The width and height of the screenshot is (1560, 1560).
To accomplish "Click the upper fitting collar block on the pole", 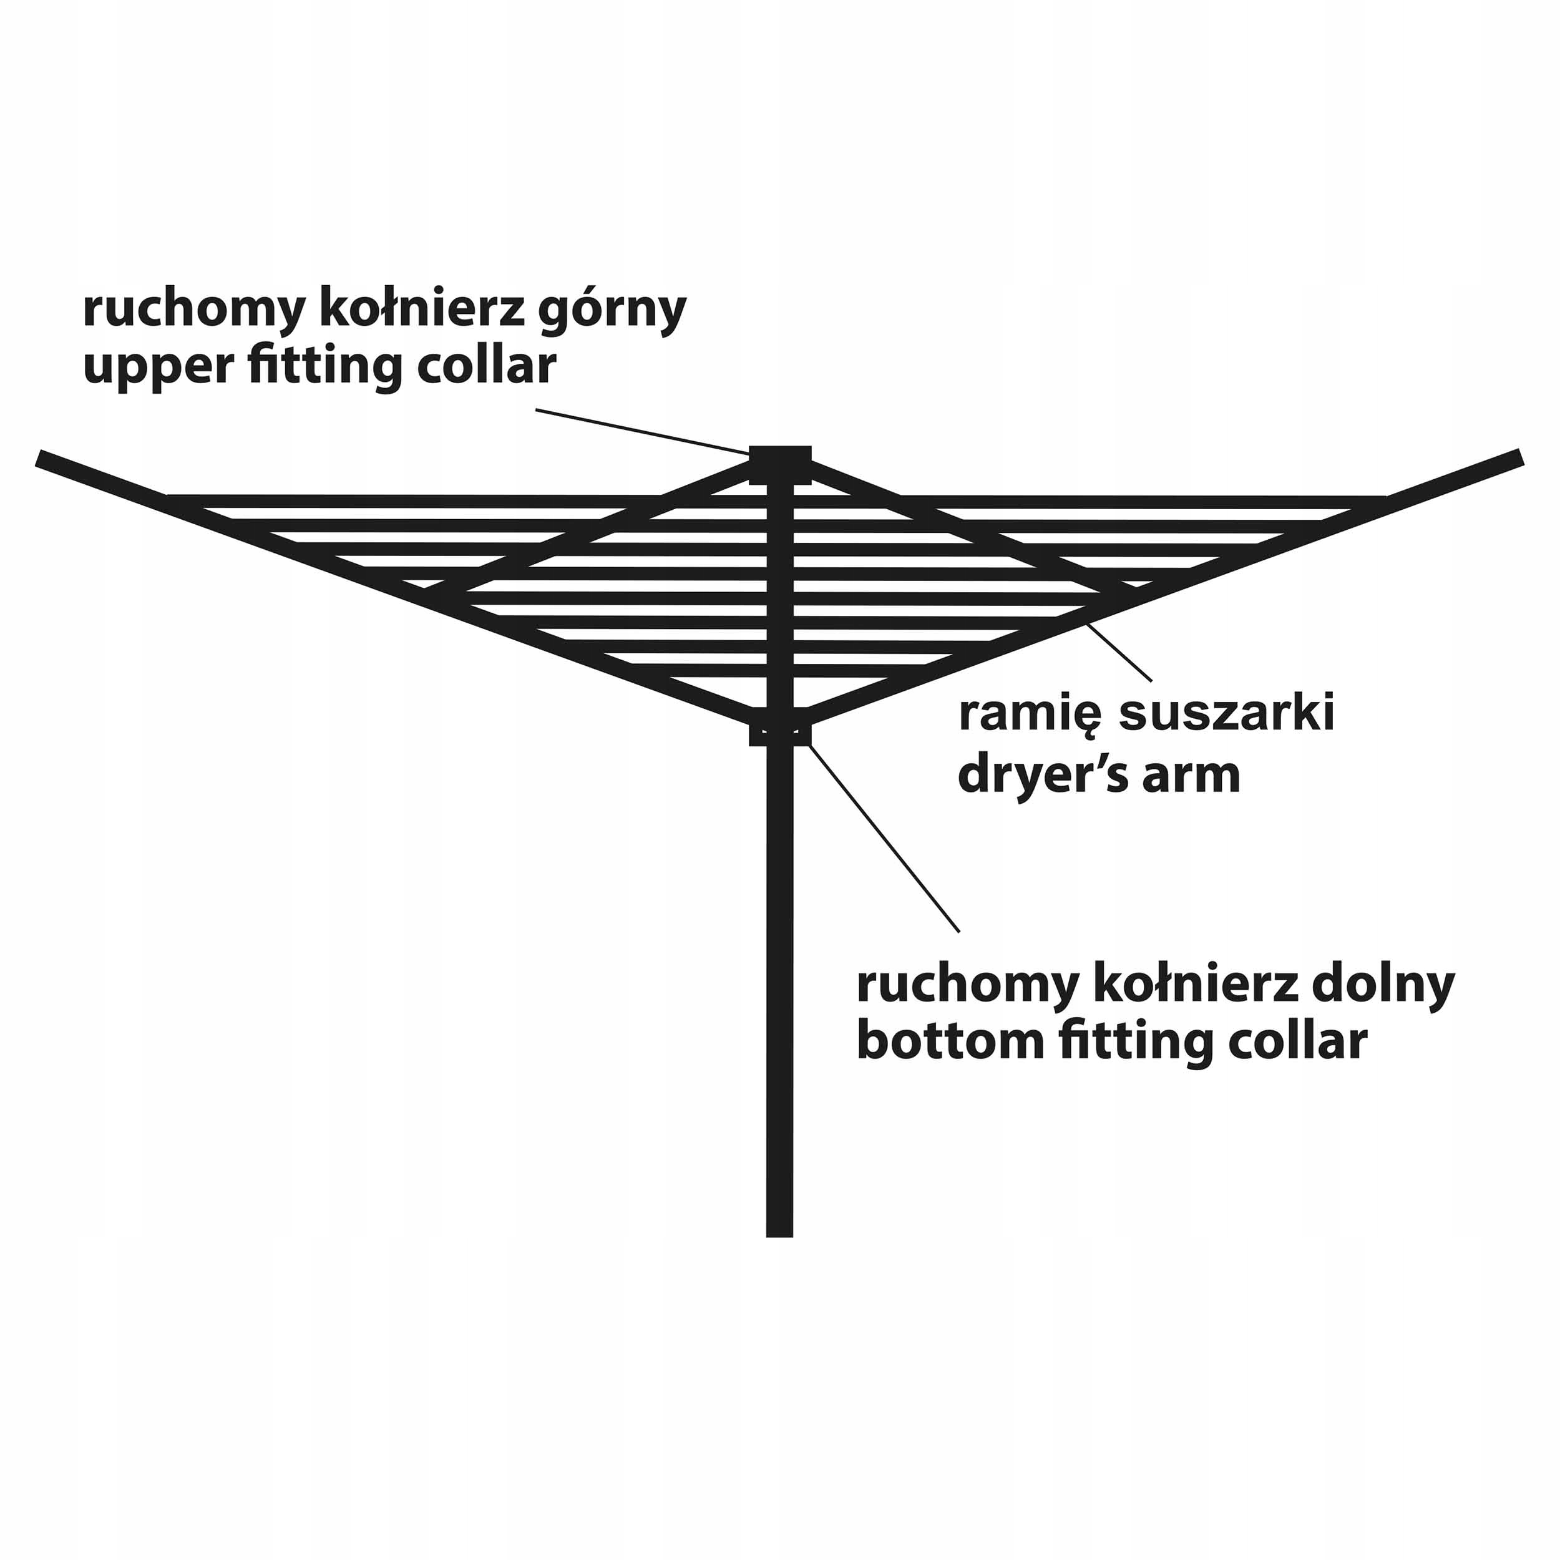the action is pos(780,464).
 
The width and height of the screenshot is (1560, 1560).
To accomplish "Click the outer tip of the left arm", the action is pos(41,459).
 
